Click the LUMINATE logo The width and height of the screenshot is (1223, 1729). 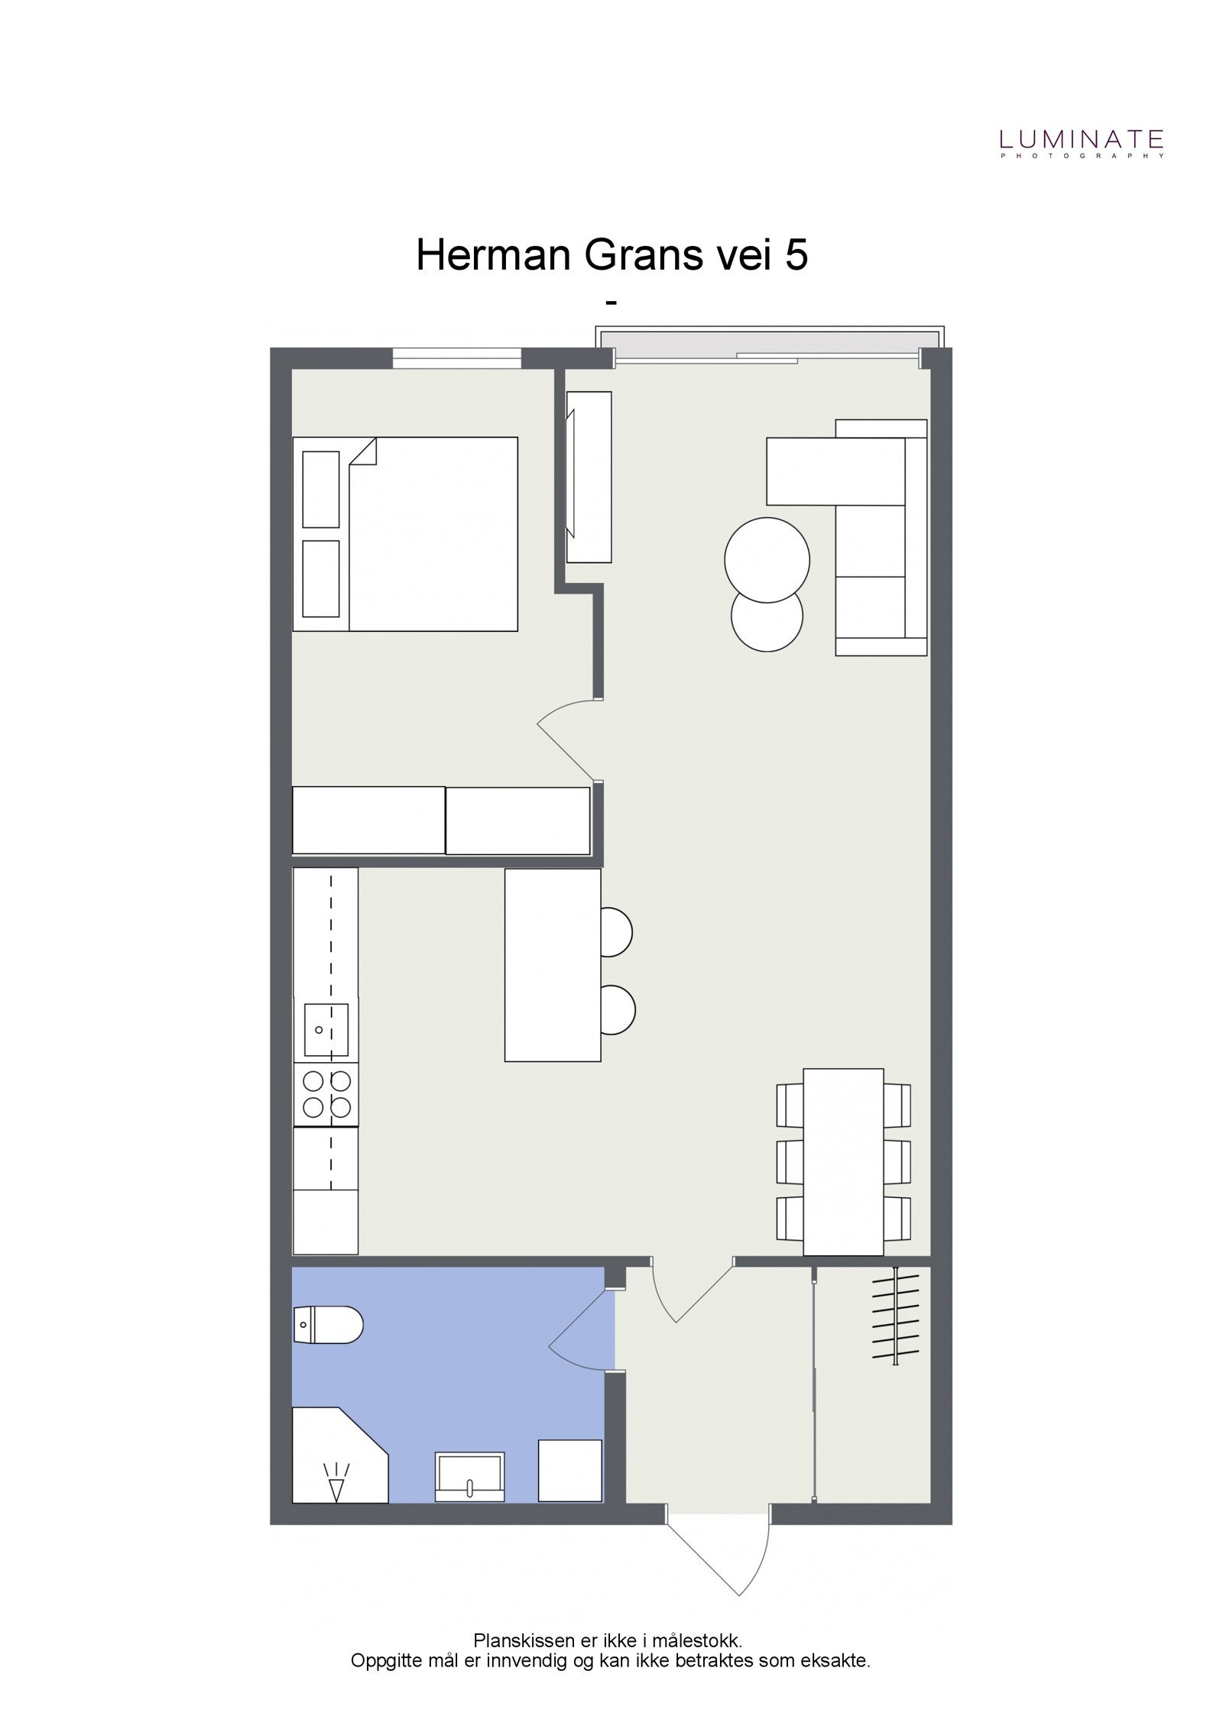[x=1082, y=141]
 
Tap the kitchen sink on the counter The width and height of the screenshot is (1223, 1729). [x=326, y=1029]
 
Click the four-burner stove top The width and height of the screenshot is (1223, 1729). [x=326, y=1093]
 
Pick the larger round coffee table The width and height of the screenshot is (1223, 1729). [x=767, y=560]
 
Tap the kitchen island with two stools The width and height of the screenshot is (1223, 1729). [x=553, y=965]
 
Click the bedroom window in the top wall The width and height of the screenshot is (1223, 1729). [x=456, y=358]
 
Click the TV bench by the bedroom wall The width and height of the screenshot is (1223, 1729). [x=589, y=477]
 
